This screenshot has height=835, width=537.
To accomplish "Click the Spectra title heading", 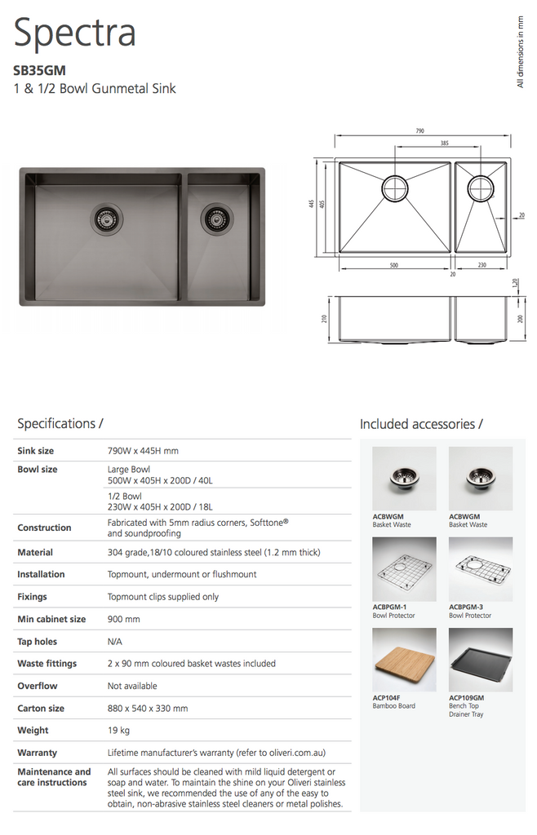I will coord(74,34).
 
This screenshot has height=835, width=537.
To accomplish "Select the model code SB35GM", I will coord(39,71).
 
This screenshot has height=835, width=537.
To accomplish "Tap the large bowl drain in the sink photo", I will coord(104,218).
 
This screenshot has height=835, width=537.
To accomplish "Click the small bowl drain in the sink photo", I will coord(215,219).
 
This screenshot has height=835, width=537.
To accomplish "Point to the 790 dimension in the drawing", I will coord(419,131).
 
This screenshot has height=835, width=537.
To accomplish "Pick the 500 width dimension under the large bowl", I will coord(393,266).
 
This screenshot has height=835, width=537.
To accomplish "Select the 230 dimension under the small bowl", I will coord(482,266).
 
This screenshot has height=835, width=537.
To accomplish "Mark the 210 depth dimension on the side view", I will coord(325,318).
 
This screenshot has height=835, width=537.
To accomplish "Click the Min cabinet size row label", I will coord(51,619).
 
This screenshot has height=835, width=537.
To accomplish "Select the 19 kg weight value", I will coord(119,731).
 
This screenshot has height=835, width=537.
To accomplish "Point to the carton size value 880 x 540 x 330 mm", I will coord(148,709).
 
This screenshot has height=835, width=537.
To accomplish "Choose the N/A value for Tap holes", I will coord(115,642).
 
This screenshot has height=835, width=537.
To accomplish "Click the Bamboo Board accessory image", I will coord(403,660).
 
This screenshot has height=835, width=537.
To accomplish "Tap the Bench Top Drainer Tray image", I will coord(481,660).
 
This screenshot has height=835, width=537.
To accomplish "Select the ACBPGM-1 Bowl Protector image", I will coord(403,569).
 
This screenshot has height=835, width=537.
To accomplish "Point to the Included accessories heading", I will coord(421,424).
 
